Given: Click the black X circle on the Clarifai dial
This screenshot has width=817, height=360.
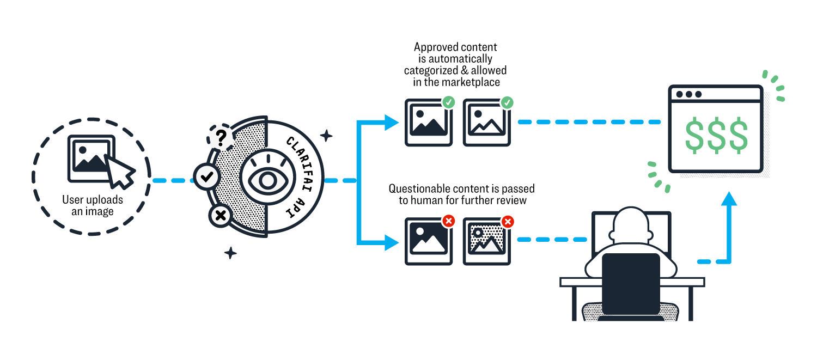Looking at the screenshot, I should tap(221, 216).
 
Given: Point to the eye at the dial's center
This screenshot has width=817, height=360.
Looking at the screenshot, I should tap(267, 180).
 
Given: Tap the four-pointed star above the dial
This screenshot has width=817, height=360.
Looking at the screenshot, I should tap(326, 136).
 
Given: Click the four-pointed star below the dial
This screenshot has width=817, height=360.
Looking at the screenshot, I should tap(231, 253).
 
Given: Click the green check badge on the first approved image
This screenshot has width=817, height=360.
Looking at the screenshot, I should tap(448, 102).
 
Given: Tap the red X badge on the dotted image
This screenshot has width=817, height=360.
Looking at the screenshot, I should tap(507, 221).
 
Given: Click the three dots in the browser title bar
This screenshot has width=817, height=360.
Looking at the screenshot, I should tap(688, 94).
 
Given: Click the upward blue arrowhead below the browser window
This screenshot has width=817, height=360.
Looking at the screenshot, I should tap(729, 199).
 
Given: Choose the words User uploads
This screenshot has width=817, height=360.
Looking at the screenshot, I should tap(93, 200).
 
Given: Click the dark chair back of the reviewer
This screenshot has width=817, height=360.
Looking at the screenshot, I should tap(631, 283).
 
